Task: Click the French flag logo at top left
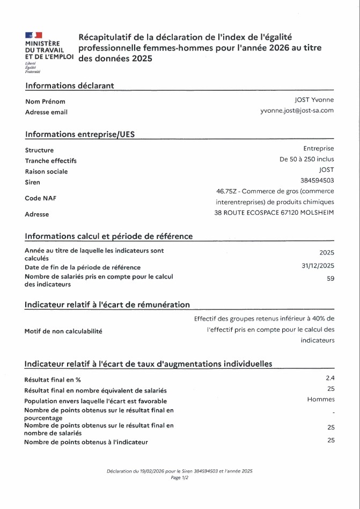tap(33, 35)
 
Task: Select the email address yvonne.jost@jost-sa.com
tap(297, 111)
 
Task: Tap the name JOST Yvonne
tap(314, 100)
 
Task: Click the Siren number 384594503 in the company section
tap(317, 180)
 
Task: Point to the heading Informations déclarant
tap(69, 85)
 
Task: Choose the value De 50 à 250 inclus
tap(306, 159)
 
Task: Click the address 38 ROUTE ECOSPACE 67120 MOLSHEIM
tap(274, 213)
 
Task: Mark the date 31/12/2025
tap(318, 266)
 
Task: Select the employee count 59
tap(330, 278)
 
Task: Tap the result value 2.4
tap(330, 378)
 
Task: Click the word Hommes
tap(321, 399)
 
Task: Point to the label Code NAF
tap(40, 198)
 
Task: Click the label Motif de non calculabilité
tap(63, 331)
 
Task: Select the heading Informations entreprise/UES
tap(80, 134)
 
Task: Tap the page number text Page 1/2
tap(180, 477)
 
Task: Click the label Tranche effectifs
tap(50, 161)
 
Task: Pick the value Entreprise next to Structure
tap(318, 149)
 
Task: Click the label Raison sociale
tap(46, 171)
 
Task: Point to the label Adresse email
tap(46, 112)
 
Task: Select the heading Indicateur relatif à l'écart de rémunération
tap(107, 304)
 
